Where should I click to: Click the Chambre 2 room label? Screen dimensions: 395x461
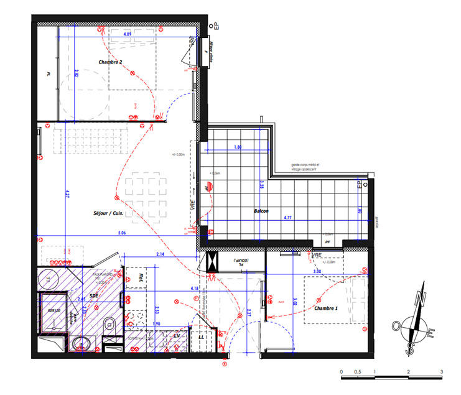[110, 62]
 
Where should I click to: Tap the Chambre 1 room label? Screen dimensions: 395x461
[325, 309]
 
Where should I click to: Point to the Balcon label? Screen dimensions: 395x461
[261, 211]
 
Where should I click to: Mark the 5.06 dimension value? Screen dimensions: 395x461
[121, 233]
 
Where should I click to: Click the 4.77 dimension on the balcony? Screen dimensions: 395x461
[289, 218]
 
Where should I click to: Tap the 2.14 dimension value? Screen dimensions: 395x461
[160, 254]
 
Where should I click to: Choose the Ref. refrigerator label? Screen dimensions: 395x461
[141, 277]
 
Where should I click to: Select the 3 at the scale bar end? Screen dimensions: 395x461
[441, 372]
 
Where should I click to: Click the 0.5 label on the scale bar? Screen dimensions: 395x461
[358, 372]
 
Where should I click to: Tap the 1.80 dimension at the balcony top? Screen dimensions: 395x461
[238, 147]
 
